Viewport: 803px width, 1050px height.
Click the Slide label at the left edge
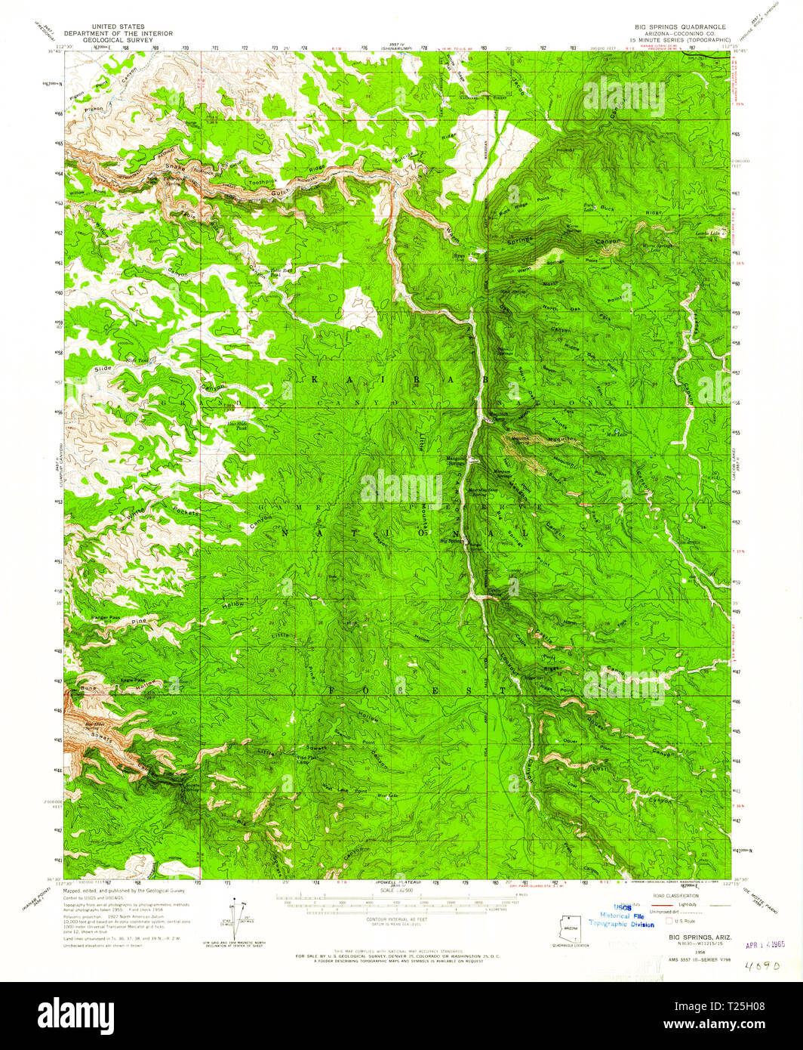103,368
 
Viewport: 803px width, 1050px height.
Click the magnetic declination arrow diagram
240,919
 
